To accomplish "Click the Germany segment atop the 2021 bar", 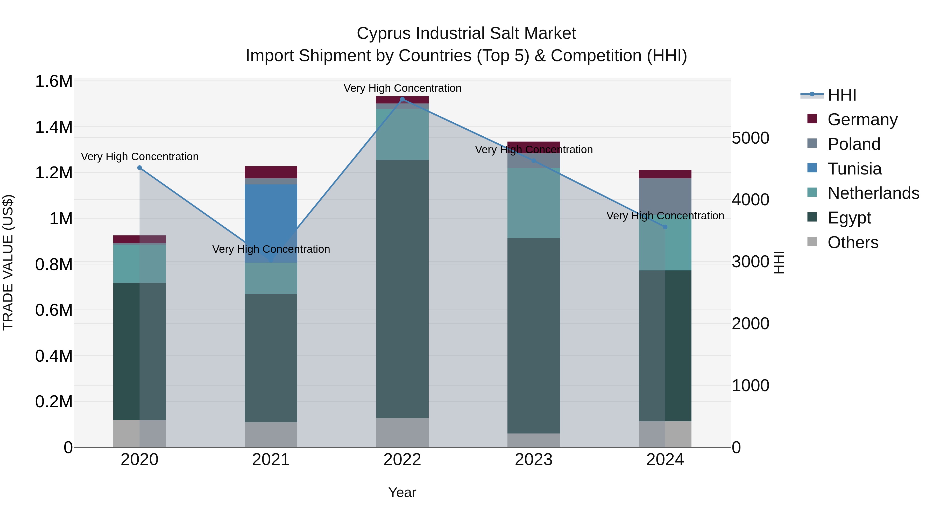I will pos(271,172).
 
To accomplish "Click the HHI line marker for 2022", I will pos(402,99).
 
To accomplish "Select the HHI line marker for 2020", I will pos(139,168).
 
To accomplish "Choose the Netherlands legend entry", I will pos(873,193).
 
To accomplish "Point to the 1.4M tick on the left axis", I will pos(54,127).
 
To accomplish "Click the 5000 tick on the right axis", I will pos(750,138).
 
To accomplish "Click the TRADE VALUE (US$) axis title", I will pos(8,262).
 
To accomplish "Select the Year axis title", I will pos(402,492).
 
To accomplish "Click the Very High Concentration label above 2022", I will pos(402,88).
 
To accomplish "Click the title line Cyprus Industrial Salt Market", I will pos(466,33).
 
